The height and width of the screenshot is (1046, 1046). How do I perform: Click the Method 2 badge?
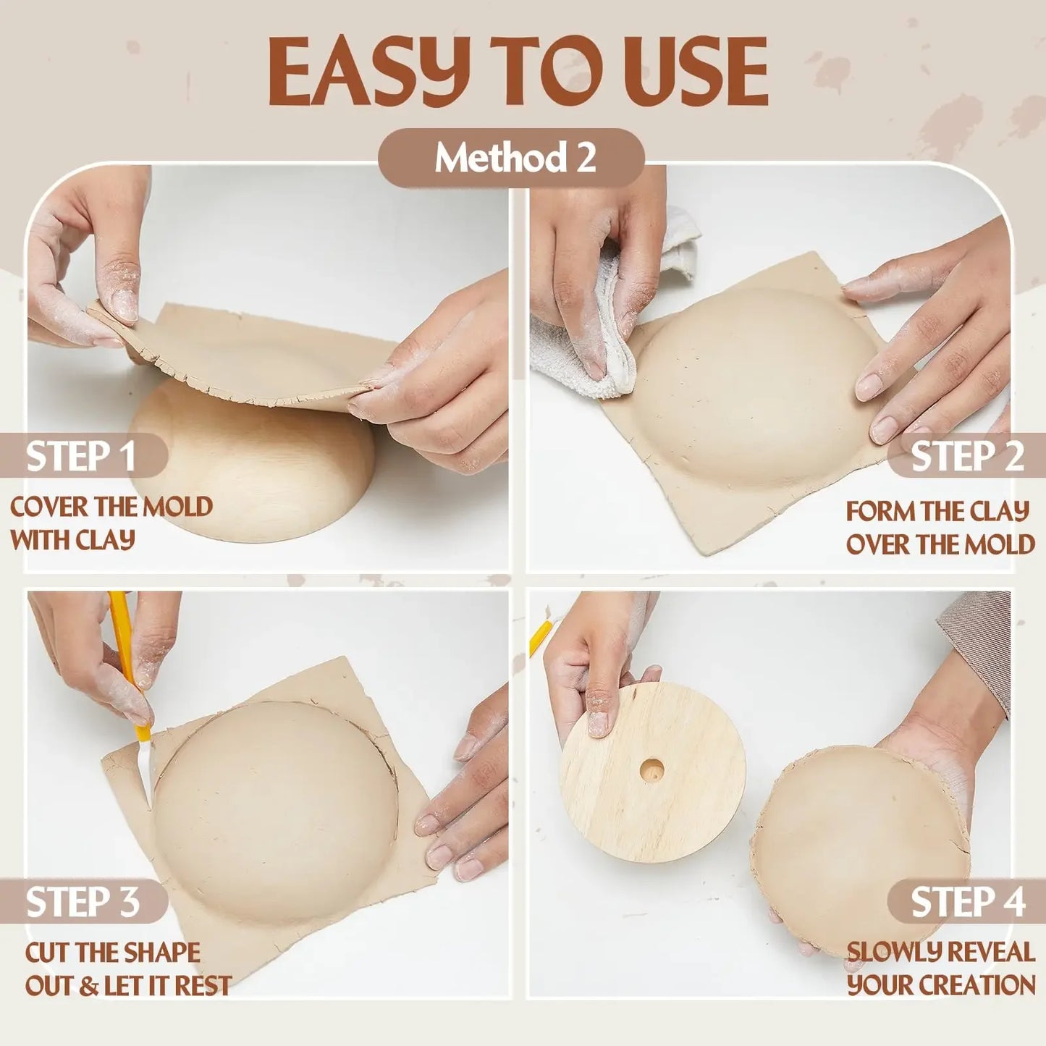[511, 158]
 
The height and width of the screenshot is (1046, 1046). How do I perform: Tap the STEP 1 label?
[81, 456]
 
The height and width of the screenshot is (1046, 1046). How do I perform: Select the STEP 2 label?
[967, 456]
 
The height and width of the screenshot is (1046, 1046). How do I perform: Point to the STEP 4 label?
[967, 902]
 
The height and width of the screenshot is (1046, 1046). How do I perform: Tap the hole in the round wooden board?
[651, 770]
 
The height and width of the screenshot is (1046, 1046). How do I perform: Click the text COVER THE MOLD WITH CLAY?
[110, 523]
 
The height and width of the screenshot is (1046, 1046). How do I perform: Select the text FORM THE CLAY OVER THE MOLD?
[940, 527]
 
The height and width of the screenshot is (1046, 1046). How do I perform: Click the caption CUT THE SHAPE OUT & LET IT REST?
[127, 969]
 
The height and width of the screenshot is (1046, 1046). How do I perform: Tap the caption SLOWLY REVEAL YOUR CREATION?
[940, 969]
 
